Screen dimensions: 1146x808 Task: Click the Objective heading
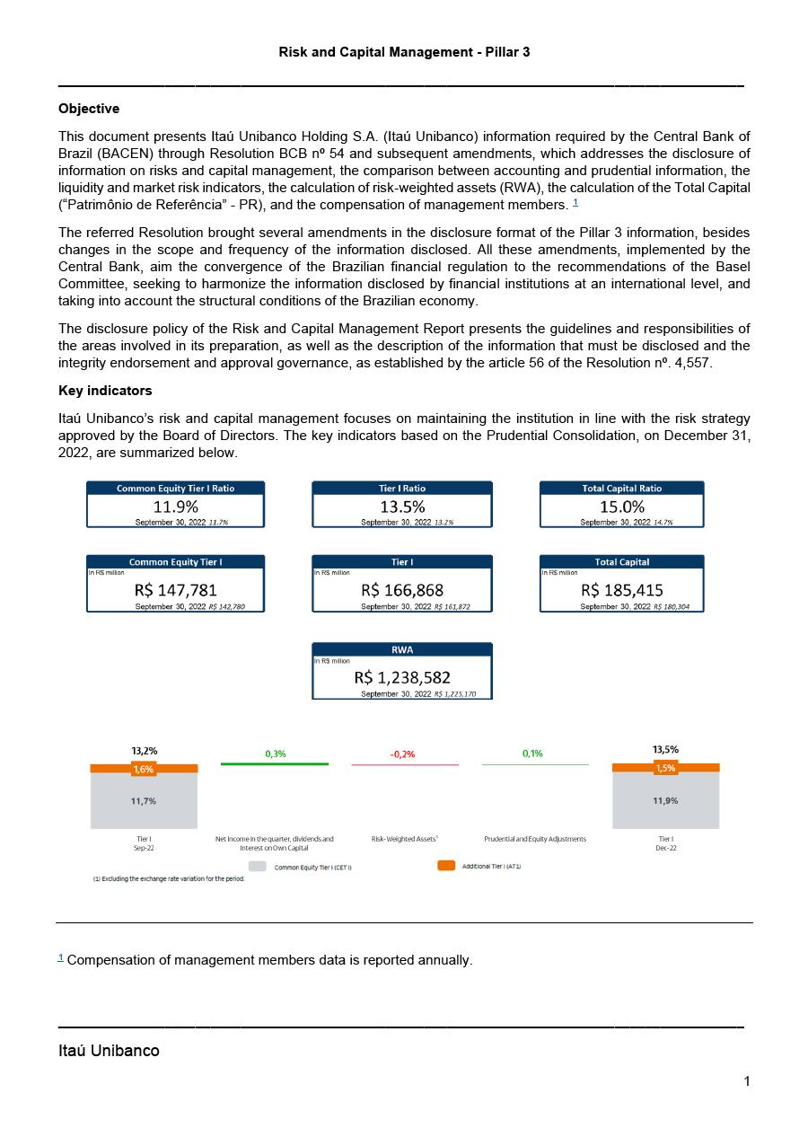tap(89, 109)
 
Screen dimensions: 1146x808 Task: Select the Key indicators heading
tap(105, 391)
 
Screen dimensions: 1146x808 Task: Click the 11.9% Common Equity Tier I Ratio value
tap(176, 507)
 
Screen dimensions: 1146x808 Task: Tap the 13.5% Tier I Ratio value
tap(402, 507)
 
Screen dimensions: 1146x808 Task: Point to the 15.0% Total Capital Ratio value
tap(622, 507)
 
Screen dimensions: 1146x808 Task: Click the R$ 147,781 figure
tap(176, 590)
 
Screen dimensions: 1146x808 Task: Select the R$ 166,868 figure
tap(402, 590)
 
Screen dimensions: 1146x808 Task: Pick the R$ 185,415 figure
tap(622, 590)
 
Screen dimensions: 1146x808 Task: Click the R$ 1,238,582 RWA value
tap(402, 677)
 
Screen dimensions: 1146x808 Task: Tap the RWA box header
tap(402, 649)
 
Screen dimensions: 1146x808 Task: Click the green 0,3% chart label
tap(276, 754)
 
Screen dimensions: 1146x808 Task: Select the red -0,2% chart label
tap(402, 754)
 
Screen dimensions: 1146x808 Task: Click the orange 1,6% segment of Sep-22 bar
tap(144, 769)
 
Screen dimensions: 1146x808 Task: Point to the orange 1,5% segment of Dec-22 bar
tap(665, 768)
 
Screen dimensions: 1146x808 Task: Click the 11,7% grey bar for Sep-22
tap(144, 801)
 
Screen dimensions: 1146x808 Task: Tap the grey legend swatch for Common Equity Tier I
tap(258, 867)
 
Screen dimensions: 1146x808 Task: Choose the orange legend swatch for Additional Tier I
tap(446, 866)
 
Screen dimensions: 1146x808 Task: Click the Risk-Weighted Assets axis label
tap(404, 839)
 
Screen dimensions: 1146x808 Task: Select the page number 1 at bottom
tap(746, 1081)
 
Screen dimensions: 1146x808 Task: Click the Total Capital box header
tap(622, 562)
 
